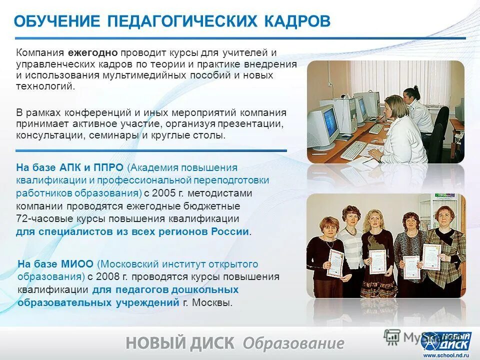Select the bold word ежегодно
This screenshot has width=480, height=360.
click(93, 52)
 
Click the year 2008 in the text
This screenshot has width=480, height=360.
click(110, 276)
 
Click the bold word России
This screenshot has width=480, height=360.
click(230, 231)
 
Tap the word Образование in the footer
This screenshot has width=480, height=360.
click(293, 343)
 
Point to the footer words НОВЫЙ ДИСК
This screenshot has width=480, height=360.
click(180, 343)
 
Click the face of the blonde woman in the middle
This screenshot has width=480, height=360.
click(373, 218)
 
